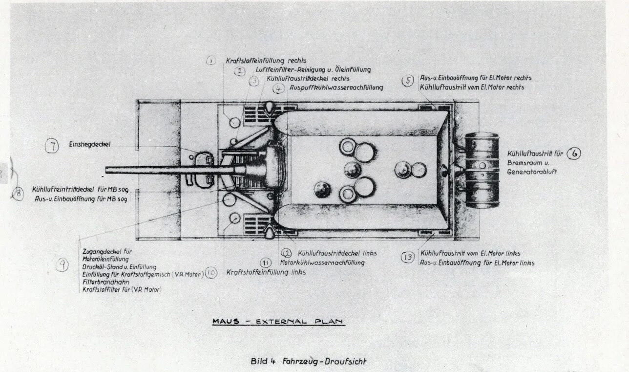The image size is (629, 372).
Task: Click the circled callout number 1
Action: (x=210, y=61)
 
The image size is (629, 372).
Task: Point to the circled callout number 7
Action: (x=52, y=146)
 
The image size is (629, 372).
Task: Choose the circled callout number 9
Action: (x=63, y=265)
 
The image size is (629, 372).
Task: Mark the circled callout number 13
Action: (x=408, y=257)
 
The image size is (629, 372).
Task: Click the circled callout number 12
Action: (x=286, y=253)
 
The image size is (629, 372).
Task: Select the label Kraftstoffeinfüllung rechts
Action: (x=266, y=61)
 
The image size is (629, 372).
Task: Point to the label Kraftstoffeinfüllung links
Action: (x=266, y=272)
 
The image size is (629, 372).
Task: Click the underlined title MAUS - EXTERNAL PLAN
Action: (x=278, y=322)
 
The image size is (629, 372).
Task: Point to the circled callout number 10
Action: (x=211, y=273)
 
